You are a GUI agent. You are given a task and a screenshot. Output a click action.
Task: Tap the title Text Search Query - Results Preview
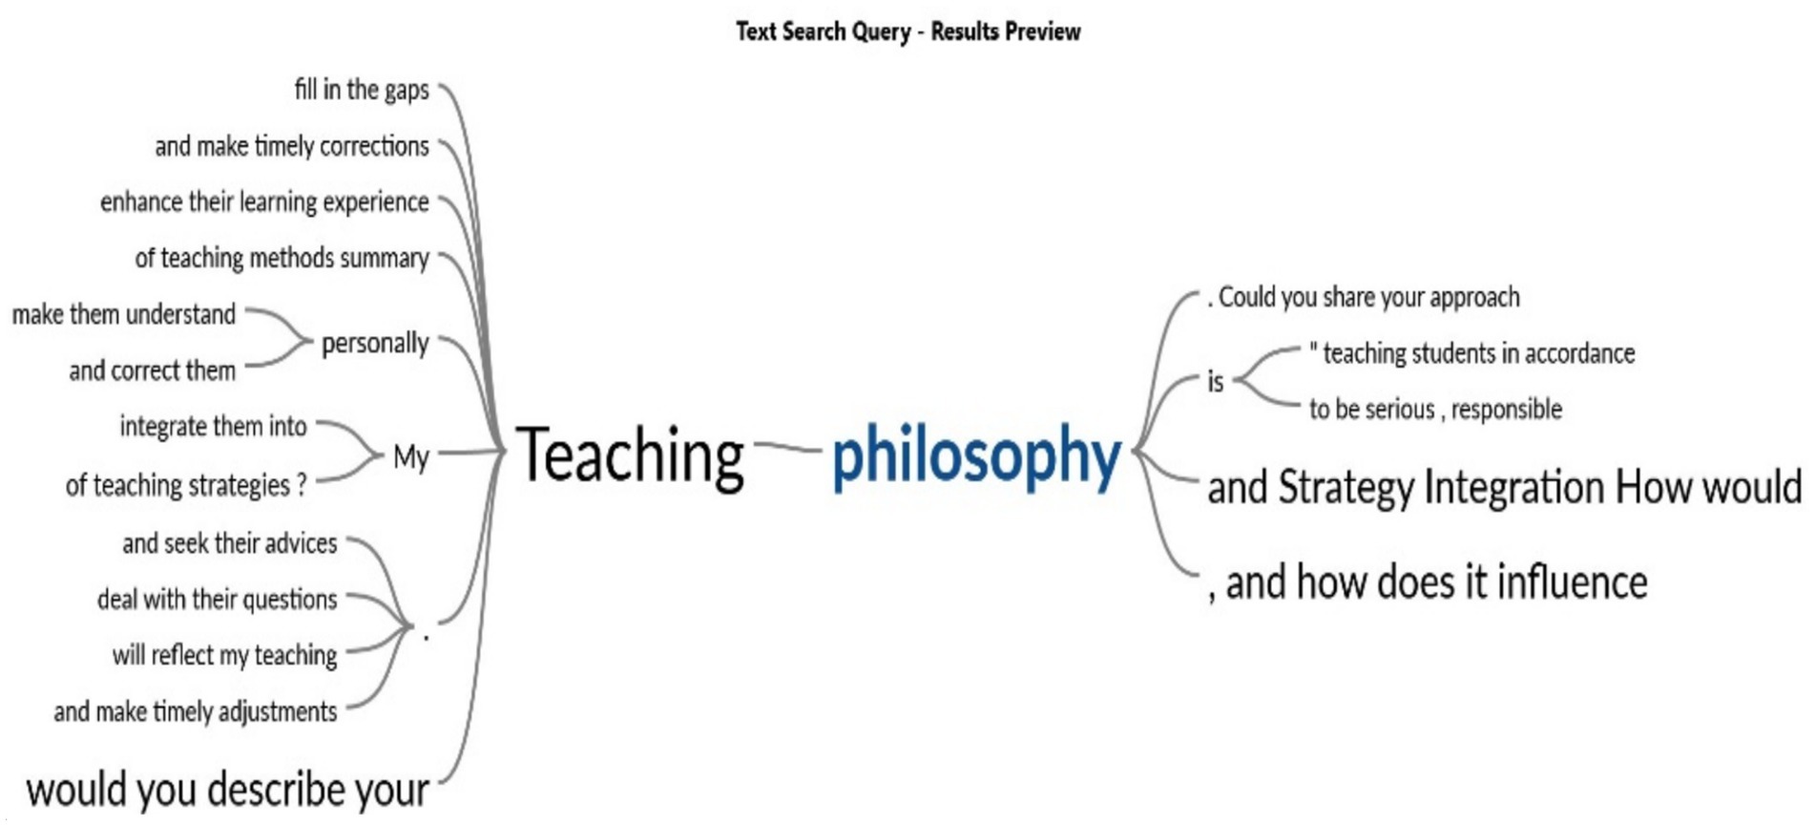click(908, 32)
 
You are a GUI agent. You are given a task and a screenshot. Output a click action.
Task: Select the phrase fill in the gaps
click(362, 90)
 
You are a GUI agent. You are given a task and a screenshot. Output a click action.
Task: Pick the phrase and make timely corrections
click(292, 146)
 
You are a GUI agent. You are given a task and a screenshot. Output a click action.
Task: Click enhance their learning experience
click(264, 202)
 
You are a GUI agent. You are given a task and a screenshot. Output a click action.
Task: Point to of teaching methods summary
click(282, 259)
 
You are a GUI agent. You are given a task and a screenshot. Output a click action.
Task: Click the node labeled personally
click(375, 344)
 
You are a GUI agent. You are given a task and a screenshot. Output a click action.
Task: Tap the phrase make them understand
click(124, 314)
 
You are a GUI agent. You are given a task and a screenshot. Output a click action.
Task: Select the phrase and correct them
click(153, 371)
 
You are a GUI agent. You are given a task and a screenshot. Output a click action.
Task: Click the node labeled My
click(411, 457)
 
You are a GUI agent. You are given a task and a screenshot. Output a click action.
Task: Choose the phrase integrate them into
click(214, 426)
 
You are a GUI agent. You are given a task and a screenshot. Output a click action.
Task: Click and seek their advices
click(230, 543)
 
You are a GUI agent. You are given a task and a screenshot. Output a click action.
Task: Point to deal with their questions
click(218, 600)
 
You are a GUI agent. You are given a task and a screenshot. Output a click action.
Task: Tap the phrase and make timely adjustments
click(196, 712)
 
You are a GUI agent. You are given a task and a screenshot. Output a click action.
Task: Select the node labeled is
click(1216, 382)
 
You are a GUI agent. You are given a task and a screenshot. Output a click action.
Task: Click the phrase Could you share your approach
click(1369, 298)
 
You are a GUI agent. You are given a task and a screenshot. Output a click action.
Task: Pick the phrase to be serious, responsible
click(1435, 410)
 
